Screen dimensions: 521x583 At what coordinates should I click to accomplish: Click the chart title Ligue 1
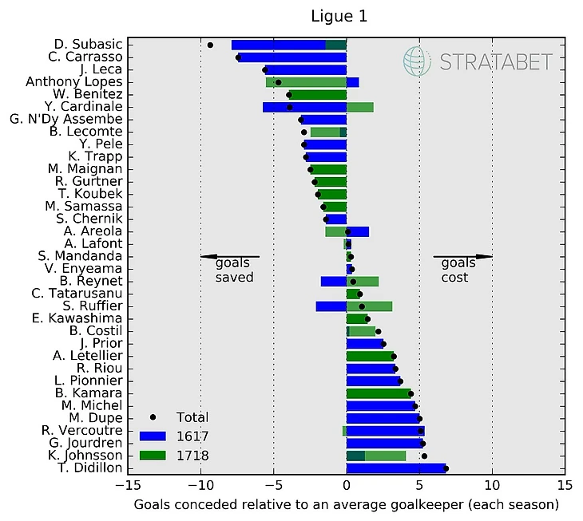[x=346, y=16]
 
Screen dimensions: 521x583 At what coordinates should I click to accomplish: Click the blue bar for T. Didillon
[x=396, y=468]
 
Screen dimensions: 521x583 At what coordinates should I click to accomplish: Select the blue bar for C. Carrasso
[x=292, y=57]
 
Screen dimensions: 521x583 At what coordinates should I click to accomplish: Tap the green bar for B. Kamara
[x=379, y=393]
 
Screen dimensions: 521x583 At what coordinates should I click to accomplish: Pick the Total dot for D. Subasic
[x=210, y=45]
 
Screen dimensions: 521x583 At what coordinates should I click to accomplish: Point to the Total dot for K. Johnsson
[x=424, y=456]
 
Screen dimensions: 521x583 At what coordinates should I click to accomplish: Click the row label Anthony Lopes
[x=74, y=81]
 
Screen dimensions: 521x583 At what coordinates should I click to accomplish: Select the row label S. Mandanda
[x=80, y=256]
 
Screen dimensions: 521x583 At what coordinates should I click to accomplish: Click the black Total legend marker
[x=153, y=417]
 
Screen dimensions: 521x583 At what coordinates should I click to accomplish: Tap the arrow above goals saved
[x=229, y=256]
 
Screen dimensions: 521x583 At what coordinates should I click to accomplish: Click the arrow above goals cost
[x=462, y=256]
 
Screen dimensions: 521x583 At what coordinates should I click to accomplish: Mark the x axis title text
[x=346, y=505]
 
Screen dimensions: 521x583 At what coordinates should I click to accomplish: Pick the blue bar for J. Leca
[x=305, y=69]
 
